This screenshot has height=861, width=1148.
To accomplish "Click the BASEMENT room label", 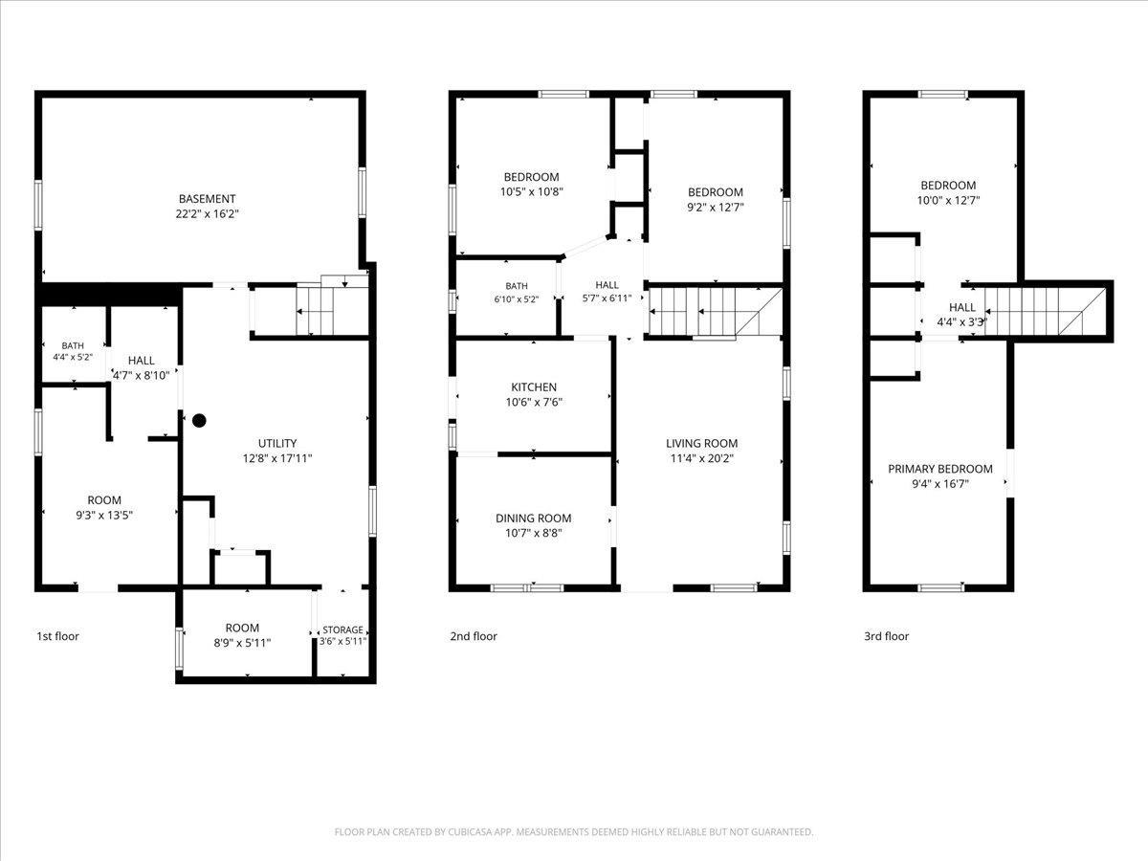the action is click(207, 199).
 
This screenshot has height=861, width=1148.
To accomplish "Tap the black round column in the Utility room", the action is click(199, 420).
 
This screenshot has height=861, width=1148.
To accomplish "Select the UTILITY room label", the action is click(277, 443).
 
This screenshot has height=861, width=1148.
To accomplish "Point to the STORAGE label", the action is click(342, 629).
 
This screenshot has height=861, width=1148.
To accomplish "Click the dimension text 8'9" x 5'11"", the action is click(242, 643).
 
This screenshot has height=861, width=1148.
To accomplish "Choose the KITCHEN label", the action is click(534, 387).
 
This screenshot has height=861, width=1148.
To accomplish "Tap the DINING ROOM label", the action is click(534, 519).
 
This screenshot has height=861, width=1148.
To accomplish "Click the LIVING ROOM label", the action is click(702, 443).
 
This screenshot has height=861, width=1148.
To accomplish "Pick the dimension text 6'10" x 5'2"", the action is click(517, 299).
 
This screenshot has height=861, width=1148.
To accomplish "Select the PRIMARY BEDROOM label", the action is click(940, 469).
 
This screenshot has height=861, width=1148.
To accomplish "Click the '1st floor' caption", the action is click(57, 636).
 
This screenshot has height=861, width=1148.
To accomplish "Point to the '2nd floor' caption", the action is click(474, 636).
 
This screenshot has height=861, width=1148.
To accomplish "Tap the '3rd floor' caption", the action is click(887, 636).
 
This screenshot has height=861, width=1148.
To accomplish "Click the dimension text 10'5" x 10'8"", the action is click(531, 192).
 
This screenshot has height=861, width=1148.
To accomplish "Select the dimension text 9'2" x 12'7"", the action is click(715, 207).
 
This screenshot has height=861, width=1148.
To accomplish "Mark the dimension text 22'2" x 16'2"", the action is click(207, 214).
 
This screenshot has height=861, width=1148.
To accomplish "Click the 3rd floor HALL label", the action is click(961, 307).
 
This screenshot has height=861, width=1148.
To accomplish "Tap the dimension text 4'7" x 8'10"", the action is click(142, 375).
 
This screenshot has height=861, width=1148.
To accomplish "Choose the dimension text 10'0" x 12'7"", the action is click(948, 200).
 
